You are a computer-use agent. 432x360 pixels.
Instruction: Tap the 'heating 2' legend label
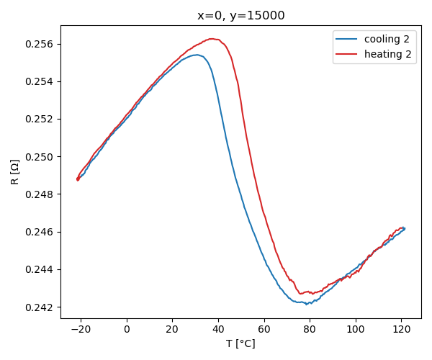(387, 54)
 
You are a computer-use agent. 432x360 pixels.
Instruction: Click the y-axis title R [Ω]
(15, 172)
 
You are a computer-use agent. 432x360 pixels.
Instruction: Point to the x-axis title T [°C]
(240, 343)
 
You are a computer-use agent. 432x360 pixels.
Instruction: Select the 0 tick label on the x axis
(127, 330)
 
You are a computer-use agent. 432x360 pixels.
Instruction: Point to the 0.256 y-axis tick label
(40, 45)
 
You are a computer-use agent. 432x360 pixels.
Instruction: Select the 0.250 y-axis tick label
(40, 157)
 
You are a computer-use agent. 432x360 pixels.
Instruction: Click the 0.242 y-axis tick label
(40, 307)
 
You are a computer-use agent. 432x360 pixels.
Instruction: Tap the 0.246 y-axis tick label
(40, 232)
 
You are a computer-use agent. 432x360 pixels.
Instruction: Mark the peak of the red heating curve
(212, 39)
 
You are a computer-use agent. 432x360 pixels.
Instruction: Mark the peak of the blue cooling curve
(197, 55)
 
